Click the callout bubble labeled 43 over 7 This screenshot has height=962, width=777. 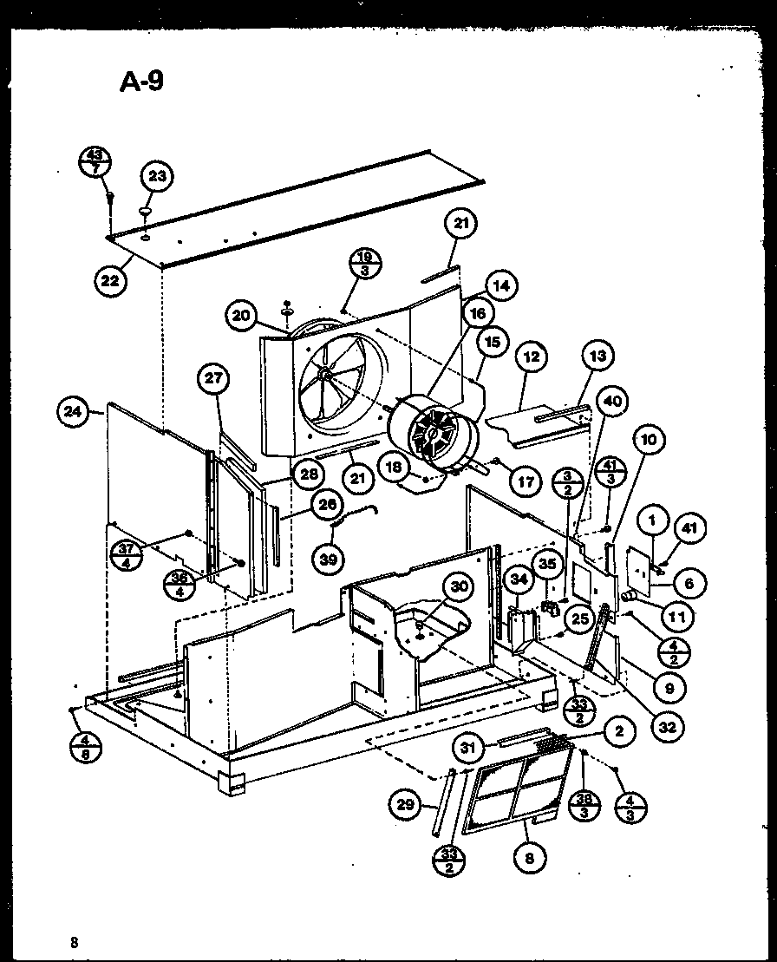[95, 160]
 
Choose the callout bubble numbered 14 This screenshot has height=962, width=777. [499, 285]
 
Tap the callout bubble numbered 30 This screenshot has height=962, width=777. [459, 586]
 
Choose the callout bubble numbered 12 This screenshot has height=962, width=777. [531, 357]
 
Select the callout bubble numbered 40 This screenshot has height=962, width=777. [612, 401]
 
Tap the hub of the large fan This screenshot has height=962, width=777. [323, 374]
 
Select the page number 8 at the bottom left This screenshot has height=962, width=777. [76, 941]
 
